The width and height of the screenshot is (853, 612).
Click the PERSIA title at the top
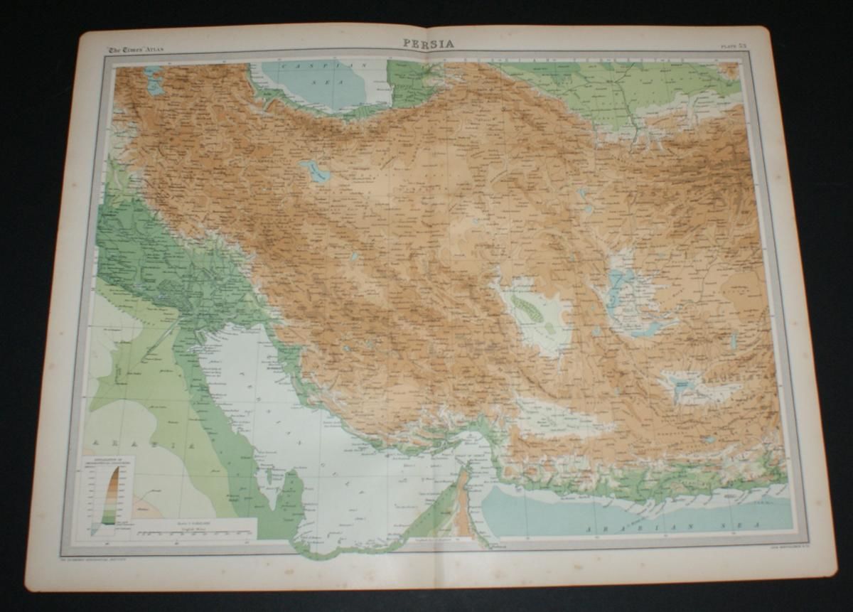tap(429, 43)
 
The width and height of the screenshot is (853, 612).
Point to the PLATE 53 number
tap(731, 47)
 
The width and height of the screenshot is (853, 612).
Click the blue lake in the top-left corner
tap(154, 80)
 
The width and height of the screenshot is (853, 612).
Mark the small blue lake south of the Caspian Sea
tap(313, 171)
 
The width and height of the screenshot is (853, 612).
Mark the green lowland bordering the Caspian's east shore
tap(409, 85)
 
